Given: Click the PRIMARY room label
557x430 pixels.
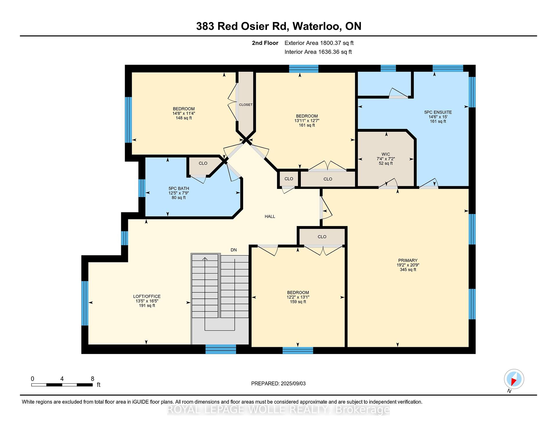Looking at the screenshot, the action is pos(408,260).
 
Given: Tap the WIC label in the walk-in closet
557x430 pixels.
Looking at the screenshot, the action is pos(386,154).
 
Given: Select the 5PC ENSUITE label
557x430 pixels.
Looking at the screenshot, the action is pos(438,112).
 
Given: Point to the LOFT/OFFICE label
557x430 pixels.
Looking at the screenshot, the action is pos(147,296).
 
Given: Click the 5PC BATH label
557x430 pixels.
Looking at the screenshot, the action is pos(179,188).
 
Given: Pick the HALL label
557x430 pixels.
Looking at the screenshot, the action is pos(270,216).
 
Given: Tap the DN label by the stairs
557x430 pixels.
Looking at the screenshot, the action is pos(234,250).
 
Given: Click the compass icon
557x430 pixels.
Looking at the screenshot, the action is pos(514,379).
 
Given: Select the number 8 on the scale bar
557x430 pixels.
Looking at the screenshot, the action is pos(93,379).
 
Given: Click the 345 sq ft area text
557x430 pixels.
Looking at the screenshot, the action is pos(408,269).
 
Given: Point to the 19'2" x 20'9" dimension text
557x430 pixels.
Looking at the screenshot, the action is pos(408,265).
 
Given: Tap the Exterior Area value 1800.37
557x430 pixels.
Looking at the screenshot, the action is pos(330,43).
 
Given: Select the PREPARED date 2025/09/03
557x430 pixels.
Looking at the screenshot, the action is pos(293,384).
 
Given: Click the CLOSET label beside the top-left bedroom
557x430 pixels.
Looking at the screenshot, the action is pos(246,105).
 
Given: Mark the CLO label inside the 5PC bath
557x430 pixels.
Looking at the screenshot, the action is pos(203,163).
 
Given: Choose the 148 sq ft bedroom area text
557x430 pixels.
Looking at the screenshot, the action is pos(184,118).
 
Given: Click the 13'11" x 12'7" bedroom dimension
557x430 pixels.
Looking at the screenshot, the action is pos(307,121).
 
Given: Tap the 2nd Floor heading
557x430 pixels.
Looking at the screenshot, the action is pos(265,43).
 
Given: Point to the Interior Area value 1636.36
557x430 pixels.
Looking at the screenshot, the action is pos(329,52).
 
